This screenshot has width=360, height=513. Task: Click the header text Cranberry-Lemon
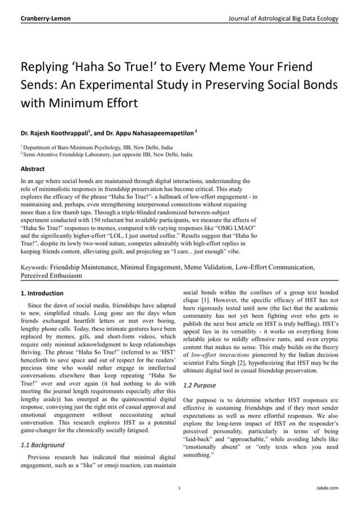[46, 19]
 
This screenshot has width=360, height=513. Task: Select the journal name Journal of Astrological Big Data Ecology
[283, 19]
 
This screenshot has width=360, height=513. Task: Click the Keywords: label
[34, 268]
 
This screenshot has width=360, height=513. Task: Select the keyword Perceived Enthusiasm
[51, 276]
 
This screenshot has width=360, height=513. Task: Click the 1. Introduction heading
[42, 293]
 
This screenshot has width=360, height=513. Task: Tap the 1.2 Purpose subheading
[200, 385]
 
